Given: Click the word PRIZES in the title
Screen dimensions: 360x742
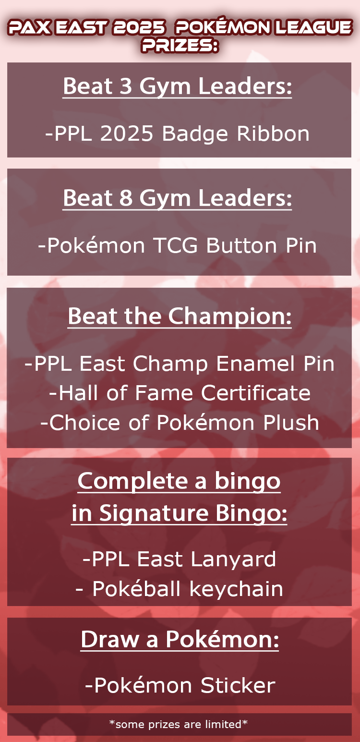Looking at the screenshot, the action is (x=180, y=45).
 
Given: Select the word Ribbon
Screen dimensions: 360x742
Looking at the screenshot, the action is (x=273, y=134).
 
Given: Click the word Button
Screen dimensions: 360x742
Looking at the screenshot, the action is (x=241, y=245).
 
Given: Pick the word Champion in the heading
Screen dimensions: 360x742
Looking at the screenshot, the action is (x=230, y=316).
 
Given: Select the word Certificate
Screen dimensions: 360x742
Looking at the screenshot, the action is (x=256, y=393).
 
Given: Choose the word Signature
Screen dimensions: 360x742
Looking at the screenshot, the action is (x=154, y=514).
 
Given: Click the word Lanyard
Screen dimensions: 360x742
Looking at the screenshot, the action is (x=233, y=560).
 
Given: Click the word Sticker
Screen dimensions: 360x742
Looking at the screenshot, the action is (x=238, y=685).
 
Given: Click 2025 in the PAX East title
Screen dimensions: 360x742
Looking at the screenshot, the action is (x=139, y=27).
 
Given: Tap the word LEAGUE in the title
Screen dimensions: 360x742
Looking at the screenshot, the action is (x=313, y=27).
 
